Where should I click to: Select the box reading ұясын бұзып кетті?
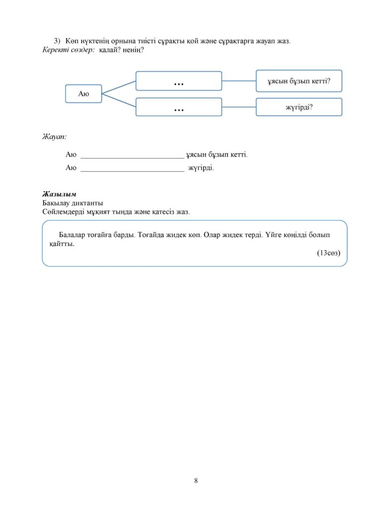299,81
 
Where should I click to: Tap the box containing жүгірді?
299,107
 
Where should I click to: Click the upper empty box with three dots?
179,81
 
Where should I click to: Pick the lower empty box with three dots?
179,107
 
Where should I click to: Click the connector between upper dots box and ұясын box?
239,81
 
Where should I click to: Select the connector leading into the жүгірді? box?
239,107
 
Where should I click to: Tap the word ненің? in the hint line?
133,50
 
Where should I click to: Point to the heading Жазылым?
59,194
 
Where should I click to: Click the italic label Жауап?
55,137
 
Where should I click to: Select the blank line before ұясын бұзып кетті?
132,158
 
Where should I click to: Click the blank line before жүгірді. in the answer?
132,171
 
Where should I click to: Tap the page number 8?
196,480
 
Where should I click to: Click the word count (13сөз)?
329,253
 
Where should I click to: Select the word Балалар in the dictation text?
72,235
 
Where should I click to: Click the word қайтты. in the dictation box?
62,244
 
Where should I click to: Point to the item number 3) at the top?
57,41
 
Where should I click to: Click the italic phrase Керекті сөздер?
68,50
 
